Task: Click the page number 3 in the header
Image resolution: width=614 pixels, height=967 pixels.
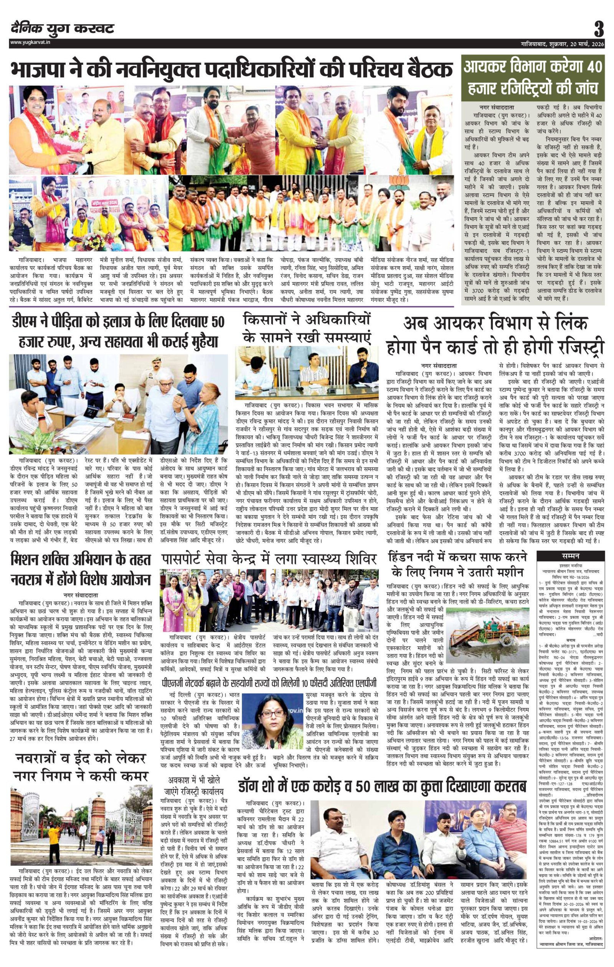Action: pyautogui.click(x=599, y=29)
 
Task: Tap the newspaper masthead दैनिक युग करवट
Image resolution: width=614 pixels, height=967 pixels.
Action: pyautogui.click(x=63, y=28)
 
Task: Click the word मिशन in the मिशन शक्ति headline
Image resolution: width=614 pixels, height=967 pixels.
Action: pyautogui.click(x=31, y=560)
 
